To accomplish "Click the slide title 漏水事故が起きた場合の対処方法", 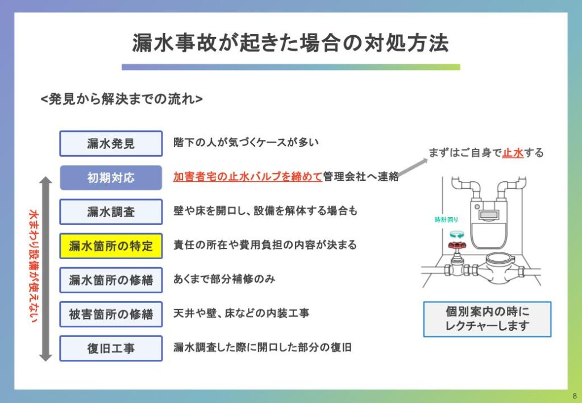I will coord(290,44).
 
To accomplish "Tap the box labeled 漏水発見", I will coord(111,143).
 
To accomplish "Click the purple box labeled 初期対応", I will coord(111,177).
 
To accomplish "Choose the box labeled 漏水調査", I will coord(111,211).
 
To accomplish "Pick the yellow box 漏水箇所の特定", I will coord(111,246).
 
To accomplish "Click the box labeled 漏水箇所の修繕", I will coord(111,280).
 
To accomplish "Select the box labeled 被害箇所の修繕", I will coord(111,314).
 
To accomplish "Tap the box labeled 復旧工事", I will coord(111,348).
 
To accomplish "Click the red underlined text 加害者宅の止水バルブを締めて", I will coord(248,177).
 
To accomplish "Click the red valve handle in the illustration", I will coord(454,246).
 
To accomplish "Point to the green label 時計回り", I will coord(446,219).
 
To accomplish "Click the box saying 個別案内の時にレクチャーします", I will coord(487,319).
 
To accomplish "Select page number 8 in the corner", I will coord(574,396).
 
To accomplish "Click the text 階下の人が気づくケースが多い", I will coord(246,143).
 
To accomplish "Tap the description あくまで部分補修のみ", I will coord(225,279).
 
